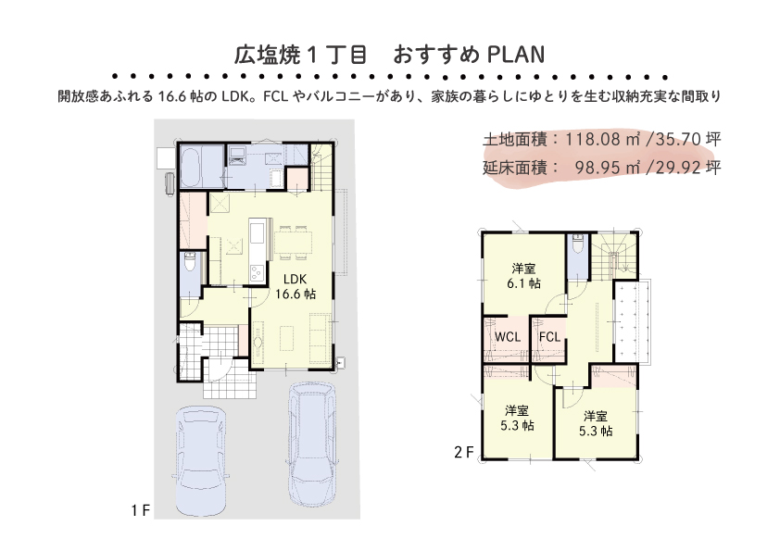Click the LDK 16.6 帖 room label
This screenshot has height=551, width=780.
click(x=296, y=286)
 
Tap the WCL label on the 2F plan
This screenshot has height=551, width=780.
click(x=508, y=337)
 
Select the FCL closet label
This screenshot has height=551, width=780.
click(x=549, y=337)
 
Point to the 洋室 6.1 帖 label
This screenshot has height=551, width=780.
click(x=523, y=276)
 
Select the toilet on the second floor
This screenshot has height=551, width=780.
click(x=577, y=244)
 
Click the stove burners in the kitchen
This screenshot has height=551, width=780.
click(x=257, y=272)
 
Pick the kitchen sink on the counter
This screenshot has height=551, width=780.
click(x=257, y=232)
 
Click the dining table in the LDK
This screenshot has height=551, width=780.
click(x=293, y=243)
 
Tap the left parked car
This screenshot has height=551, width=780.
click(x=202, y=461)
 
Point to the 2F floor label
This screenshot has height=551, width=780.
click(x=463, y=453)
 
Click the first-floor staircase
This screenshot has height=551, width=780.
click(x=322, y=166)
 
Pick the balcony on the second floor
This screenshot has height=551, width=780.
click(x=632, y=321)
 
